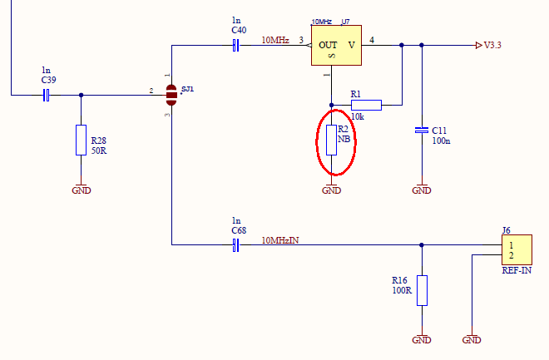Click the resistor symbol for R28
pyautogui.click(x=81, y=139)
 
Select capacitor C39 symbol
pyautogui.click(x=47, y=95)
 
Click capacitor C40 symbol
pyautogui.click(x=235, y=46)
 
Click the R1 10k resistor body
pyautogui.click(x=366, y=105)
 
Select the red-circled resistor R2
pyautogui.click(x=331, y=140)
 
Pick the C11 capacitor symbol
pyautogui.click(x=422, y=131)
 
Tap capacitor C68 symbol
pyautogui.click(x=235, y=244)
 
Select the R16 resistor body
pyautogui.click(x=422, y=290)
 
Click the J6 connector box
pyautogui.click(x=516, y=250)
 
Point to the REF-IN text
pyautogui.click(x=517, y=271)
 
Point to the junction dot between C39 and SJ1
pyautogui.click(x=81, y=95)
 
